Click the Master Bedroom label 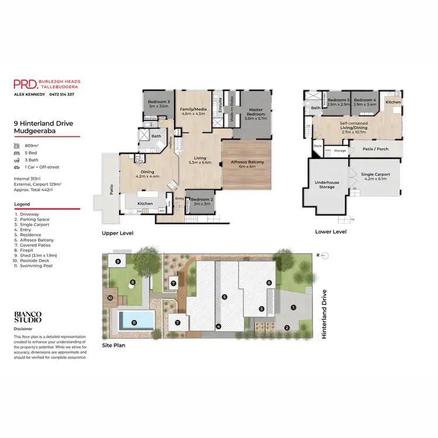[x=256, y=112]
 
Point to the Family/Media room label [x=193, y=112]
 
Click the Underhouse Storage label [x=327, y=184]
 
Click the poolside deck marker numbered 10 [x=110, y=298]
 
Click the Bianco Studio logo [x=28, y=318]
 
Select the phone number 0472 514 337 [x=62, y=94]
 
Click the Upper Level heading [x=117, y=233]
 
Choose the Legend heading [x=23, y=204]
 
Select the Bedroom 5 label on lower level [x=338, y=102]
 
